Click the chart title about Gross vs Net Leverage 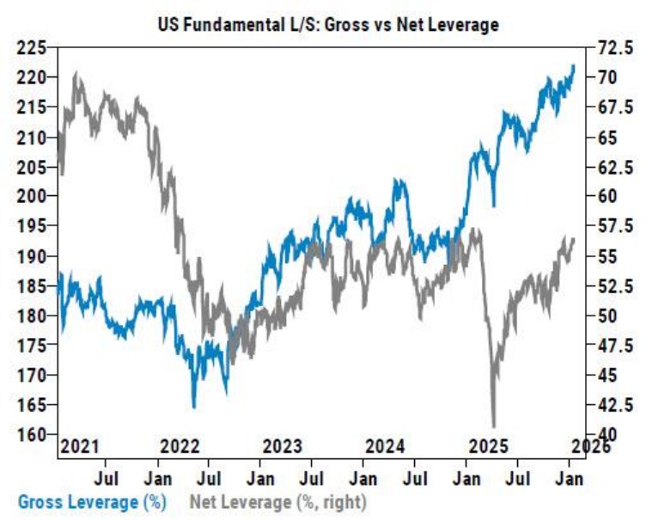[x=328, y=25]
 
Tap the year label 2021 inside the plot [x=80, y=446]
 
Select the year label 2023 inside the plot [x=283, y=446]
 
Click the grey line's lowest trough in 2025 [x=493, y=425]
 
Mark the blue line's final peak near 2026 [x=573, y=65]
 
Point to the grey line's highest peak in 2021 [x=77, y=74]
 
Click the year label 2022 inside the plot [x=180, y=446]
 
